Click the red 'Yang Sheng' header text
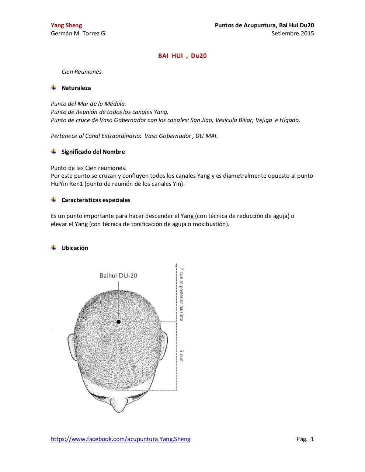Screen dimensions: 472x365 click(66, 25)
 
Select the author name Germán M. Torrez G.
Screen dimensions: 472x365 click(79, 34)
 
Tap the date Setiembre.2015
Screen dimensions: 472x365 click(293, 34)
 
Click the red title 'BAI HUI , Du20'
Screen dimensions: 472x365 click(182, 56)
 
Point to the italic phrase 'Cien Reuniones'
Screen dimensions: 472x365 click(81, 72)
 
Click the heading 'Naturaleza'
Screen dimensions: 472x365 click(76, 88)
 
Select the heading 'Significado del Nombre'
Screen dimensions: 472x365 click(93, 152)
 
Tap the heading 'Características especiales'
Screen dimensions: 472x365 click(95, 200)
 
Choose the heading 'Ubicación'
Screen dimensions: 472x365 click(75, 248)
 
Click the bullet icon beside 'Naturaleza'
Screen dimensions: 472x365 click(54, 88)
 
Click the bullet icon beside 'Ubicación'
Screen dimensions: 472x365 click(54, 247)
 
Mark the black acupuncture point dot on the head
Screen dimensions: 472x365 click(119, 322)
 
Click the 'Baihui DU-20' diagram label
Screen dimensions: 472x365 click(118, 275)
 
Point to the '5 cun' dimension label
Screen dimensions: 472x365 click(181, 355)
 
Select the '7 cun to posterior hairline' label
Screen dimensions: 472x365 click(181, 294)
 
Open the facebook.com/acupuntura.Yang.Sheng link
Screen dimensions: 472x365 click(121, 439)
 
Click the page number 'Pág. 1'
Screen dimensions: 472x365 click(305, 439)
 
